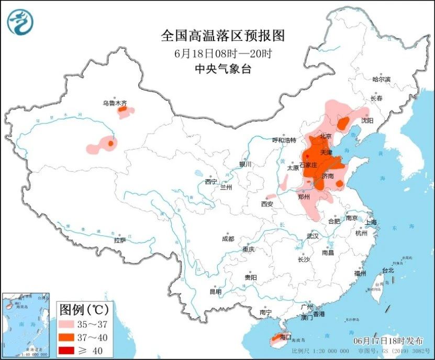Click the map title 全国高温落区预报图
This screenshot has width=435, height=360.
point(223,36)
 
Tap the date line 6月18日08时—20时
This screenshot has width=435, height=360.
point(223,53)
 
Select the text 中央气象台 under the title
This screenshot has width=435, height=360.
point(223,68)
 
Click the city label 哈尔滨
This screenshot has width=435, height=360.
point(381,80)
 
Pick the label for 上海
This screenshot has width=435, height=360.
point(371,222)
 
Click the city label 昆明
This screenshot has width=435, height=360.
point(215,291)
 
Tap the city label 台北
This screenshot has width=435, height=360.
point(387,271)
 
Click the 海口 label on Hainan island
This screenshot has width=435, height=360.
point(285,337)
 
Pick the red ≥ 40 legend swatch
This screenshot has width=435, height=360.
point(69,350)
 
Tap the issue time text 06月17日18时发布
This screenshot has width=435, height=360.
point(387,340)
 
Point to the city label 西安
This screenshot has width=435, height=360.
point(267,203)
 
